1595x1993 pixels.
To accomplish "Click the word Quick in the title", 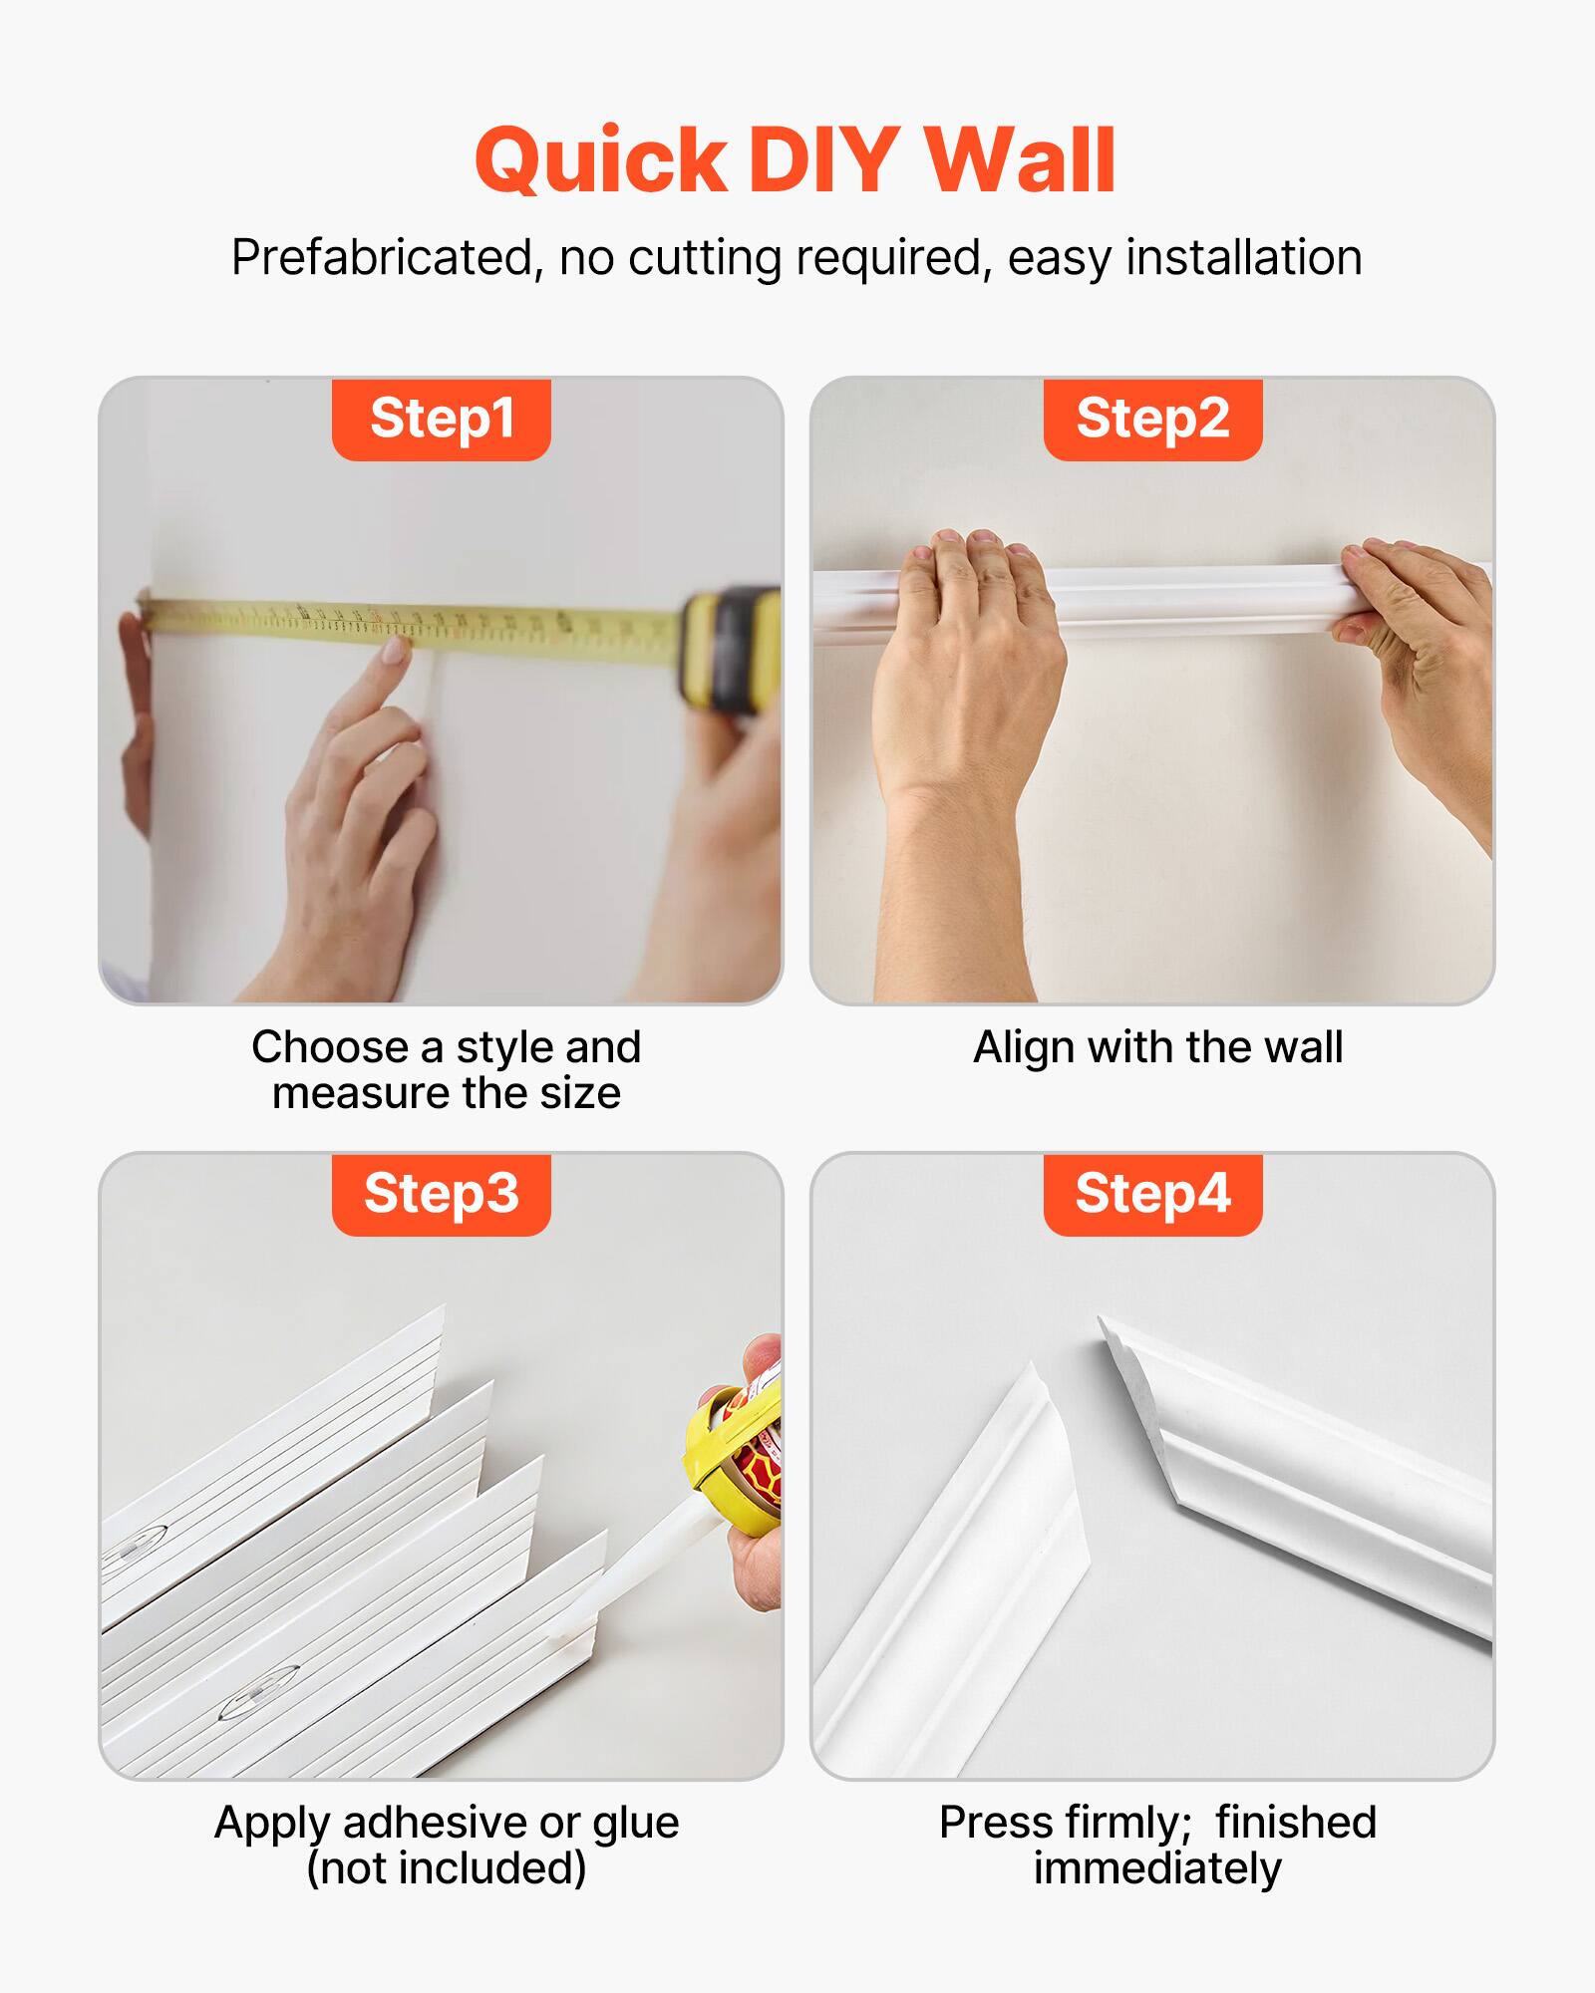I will [601, 161].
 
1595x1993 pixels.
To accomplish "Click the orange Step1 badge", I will [442, 419].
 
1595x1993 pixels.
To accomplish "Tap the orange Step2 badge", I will [1152, 419].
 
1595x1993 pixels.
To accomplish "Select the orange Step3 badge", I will [442, 1194].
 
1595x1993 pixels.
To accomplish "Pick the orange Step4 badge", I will [1152, 1194].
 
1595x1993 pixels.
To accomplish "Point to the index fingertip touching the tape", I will [395, 650].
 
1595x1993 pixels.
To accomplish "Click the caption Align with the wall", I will [1157, 1047].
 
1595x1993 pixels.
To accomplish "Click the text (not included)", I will [446, 1867].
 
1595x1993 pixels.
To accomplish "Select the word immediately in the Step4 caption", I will [1156, 1867].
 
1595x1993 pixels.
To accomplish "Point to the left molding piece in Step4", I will [957, 1574].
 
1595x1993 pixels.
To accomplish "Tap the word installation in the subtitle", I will [1243, 258].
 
